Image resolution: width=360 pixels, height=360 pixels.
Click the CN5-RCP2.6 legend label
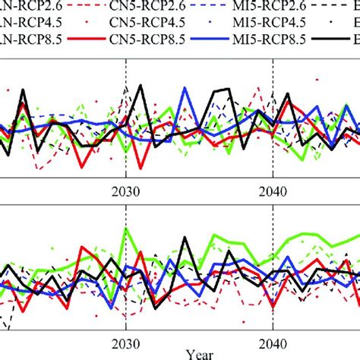click(128, 10)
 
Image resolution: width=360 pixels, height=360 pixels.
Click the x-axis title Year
click(199, 354)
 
